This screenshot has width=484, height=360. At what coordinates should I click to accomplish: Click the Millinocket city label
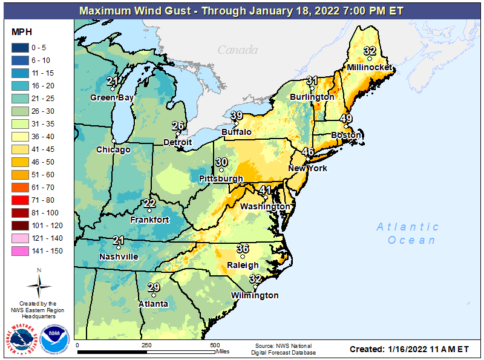point(370,67)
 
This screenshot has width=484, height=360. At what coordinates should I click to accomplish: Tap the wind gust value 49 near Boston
point(347,119)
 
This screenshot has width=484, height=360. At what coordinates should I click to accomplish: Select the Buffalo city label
point(237,132)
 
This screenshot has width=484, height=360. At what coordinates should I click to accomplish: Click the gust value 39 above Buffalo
point(237,116)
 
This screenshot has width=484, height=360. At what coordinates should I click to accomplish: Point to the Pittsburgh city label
point(221,179)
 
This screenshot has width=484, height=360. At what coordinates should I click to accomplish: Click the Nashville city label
point(119,257)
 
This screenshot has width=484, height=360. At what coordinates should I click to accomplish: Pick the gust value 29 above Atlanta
point(154,287)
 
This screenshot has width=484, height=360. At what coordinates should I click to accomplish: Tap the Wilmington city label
point(255,295)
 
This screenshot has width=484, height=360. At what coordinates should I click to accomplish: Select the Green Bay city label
point(112,97)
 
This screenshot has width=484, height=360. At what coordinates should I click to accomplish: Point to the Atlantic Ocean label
point(407,234)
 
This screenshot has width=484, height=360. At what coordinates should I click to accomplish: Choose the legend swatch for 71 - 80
point(22,200)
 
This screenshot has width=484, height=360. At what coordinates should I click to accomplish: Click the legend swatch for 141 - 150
point(22,250)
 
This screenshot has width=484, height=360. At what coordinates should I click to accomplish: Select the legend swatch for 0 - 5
point(22,48)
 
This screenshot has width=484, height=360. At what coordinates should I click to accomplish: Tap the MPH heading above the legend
point(22,31)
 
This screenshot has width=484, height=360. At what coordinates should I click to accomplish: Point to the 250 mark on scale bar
point(146,344)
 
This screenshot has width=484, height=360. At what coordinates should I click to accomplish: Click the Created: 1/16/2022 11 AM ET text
point(409,349)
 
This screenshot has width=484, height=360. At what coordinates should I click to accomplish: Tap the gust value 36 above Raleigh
point(243,249)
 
